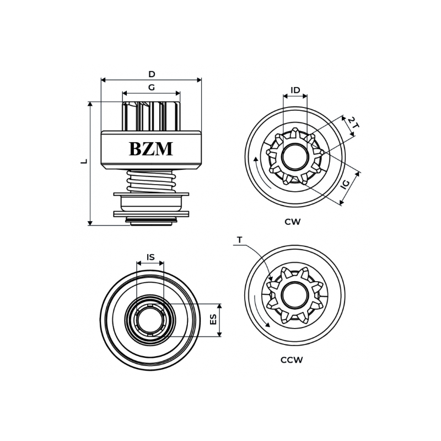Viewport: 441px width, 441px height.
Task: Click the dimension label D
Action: (152, 74)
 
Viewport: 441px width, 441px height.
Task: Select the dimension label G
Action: (151, 88)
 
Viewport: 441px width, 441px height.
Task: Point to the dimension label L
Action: (84, 161)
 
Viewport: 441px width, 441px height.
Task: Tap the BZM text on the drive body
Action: (151, 149)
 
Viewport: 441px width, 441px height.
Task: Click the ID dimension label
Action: (295, 90)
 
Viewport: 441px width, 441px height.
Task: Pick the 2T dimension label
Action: (353, 123)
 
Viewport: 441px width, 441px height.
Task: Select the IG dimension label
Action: (346, 184)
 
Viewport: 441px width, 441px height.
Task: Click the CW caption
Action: (293, 222)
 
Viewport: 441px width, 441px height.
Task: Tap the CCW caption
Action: (292, 360)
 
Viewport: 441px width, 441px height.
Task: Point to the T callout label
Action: (239, 240)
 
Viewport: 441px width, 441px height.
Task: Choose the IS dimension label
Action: (150, 257)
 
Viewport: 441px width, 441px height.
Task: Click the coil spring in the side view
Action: (151, 181)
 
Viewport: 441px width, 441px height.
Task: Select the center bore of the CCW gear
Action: (295, 295)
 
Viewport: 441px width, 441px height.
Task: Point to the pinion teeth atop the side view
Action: (151, 116)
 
